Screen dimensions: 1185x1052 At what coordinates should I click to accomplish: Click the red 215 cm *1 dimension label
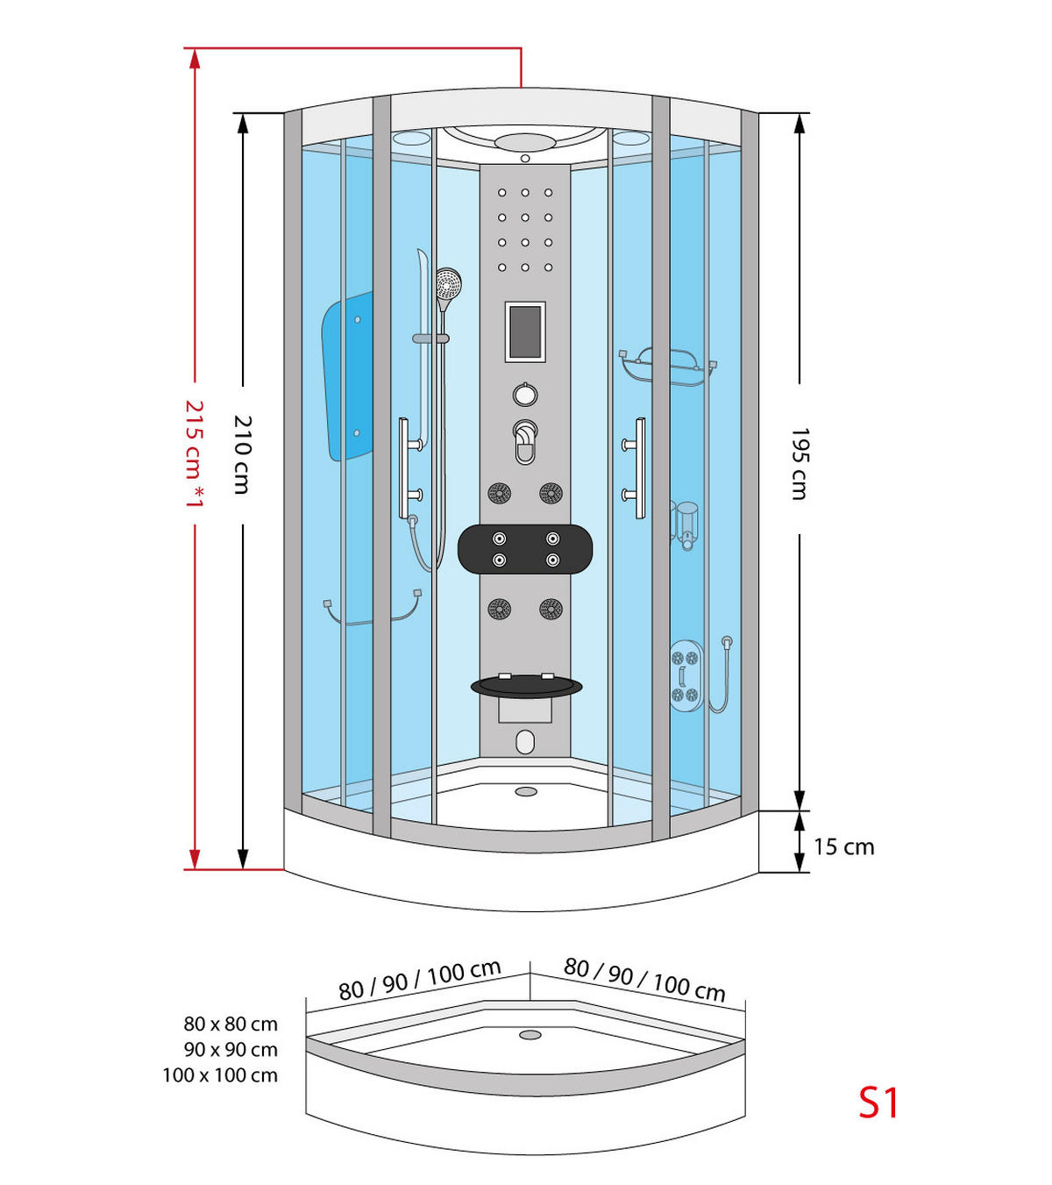(194, 453)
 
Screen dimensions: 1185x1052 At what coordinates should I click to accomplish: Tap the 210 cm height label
(242, 454)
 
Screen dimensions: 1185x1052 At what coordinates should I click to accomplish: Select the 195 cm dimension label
(799, 464)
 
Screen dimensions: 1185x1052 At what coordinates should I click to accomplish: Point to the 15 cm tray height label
(843, 846)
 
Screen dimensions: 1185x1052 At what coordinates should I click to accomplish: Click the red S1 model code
(878, 1103)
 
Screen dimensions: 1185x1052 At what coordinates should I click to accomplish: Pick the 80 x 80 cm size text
(231, 1024)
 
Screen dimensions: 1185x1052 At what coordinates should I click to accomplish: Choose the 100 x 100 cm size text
(220, 1075)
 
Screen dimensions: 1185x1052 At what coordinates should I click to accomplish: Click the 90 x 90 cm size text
(231, 1049)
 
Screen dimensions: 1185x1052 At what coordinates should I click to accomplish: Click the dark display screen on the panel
(525, 332)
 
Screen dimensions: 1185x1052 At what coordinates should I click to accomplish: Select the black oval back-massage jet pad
(525, 549)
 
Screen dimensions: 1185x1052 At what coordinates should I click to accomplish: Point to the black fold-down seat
(526, 686)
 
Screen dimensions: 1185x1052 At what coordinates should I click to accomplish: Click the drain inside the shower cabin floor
(526, 791)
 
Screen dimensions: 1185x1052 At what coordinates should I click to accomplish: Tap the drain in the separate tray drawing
(530, 1035)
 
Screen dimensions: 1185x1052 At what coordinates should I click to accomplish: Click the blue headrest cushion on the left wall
(348, 377)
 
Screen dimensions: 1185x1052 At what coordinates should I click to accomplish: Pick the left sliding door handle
(405, 468)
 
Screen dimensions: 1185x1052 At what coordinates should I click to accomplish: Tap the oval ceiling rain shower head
(525, 142)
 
